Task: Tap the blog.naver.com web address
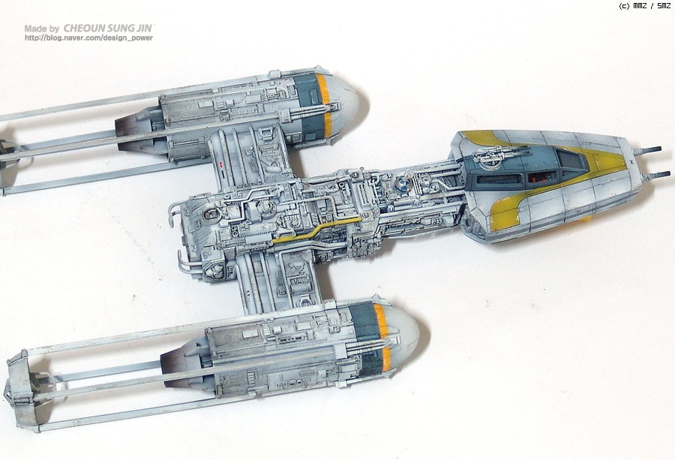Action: (x=88, y=38)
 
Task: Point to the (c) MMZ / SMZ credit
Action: (x=644, y=6)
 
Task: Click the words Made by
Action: (x=41, y=29)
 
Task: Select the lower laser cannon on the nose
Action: (x=657, y=175)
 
